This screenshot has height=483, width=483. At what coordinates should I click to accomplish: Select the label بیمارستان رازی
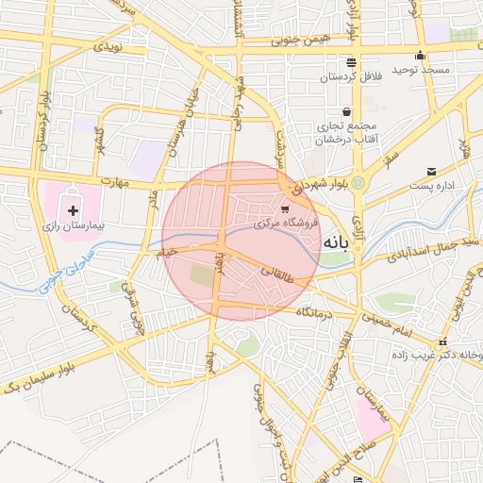[x=76, y=226]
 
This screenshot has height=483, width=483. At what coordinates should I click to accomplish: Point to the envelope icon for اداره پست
[x=431, y=172]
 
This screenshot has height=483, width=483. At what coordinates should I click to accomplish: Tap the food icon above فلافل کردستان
[x=351, y=60]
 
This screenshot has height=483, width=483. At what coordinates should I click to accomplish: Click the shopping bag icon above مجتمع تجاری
[x=346, y=110]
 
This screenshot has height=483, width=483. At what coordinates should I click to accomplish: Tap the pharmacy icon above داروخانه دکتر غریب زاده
[x=442, y=341]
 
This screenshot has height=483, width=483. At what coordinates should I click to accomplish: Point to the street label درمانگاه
[x=316, y=311]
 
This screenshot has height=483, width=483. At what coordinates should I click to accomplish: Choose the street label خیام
[x=169, y=251]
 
